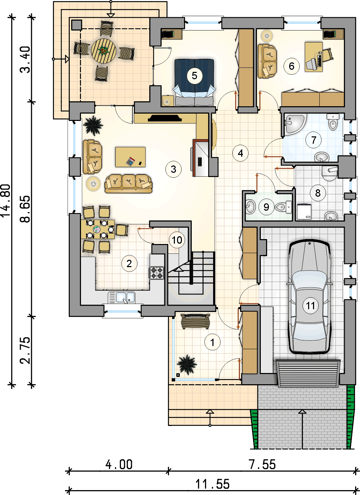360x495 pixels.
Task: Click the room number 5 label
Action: point(194,76)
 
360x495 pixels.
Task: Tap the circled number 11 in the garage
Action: point(310,306)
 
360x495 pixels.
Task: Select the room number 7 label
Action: point(313,140)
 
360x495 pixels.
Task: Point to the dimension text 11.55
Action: point(212,483)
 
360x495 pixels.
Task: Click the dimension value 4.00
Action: point(119,464)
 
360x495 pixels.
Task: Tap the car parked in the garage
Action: point(310,297)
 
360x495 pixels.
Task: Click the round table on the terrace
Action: point(103,51)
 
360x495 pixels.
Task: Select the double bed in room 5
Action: point(195,82)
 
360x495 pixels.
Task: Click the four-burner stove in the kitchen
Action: point(157,273)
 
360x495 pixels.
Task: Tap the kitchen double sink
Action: point(121,298)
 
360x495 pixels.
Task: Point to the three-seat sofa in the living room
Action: point(128,183)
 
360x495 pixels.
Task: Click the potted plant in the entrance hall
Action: point(187,364)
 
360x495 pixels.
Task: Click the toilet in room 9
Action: point(283,207)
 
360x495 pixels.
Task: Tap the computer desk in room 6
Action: point(314,57)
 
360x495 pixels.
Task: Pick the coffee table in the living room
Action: point(130,157)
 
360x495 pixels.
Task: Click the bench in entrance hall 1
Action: point(195,321)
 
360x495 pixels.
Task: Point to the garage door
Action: point(308,374)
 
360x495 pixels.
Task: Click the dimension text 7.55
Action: point(262,464)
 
